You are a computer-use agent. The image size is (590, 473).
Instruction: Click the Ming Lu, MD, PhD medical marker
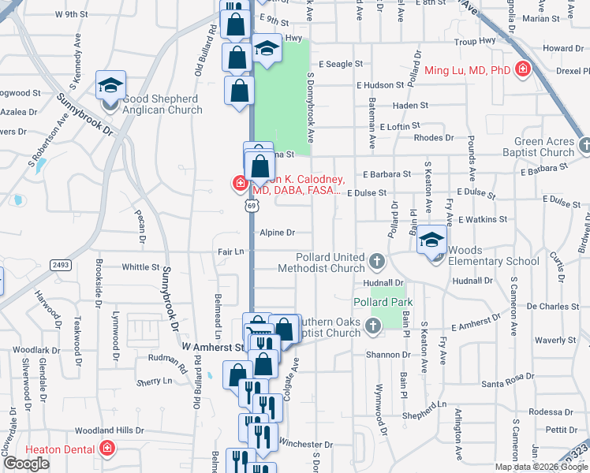click(521, 71)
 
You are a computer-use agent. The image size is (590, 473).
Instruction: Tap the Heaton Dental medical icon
click(107, 449)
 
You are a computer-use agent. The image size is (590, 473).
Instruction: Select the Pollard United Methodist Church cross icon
click(377, 261)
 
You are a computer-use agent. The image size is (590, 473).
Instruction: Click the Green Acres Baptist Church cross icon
click(584, 145)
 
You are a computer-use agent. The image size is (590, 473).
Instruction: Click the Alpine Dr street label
click(278, 233)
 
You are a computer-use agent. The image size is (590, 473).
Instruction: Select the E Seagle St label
click(340, 64)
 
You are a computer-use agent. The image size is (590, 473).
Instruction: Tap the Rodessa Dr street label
click(551, 412)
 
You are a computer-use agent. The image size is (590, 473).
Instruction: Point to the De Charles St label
click(553, 306)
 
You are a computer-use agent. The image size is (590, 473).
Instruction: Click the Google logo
click(27, 464)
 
